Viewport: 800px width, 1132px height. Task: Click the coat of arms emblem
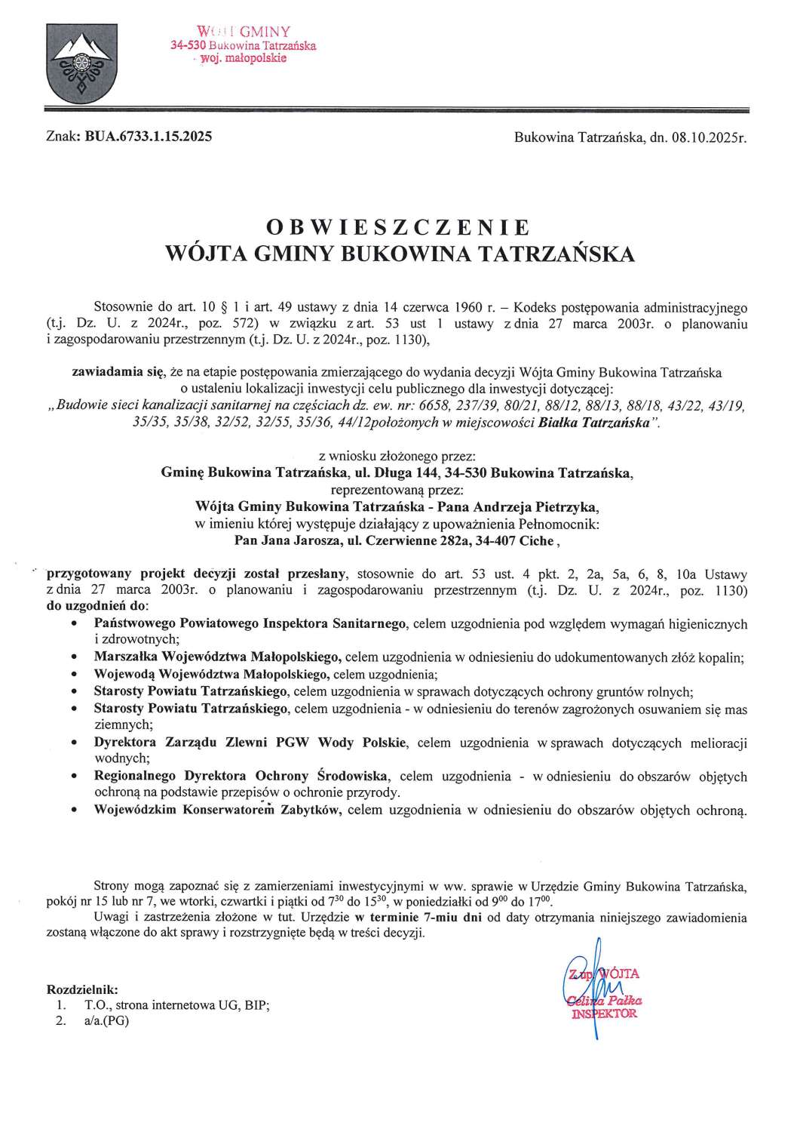[x=74, y=63]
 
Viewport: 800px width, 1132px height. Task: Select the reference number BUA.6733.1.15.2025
[x=150, y=137]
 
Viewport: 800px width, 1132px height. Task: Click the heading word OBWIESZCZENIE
[x=399, y=227]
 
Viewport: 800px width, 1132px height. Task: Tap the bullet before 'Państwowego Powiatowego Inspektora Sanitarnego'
[x=72, y=625]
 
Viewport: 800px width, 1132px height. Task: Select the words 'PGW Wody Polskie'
[x=361, y=743]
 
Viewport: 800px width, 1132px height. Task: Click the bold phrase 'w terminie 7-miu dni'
[x=418, y=918]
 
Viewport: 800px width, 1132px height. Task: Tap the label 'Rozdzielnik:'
[x=82, y=989]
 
